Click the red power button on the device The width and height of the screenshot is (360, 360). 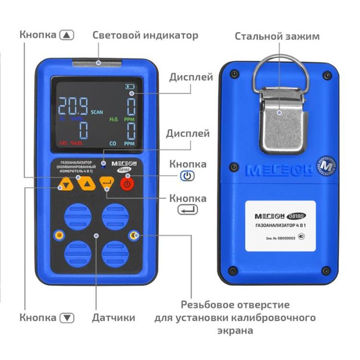(127, 183)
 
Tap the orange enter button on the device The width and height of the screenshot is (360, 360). (106, 183)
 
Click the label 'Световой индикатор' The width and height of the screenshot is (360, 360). (145, 35)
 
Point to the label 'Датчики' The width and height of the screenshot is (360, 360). (114, 318)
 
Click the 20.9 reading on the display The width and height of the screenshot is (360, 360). (73, 105)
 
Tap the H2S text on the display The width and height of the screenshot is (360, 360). (113, 119)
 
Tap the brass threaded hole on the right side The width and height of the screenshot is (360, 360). (133, 236)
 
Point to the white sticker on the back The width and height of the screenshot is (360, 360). (280, 225)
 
